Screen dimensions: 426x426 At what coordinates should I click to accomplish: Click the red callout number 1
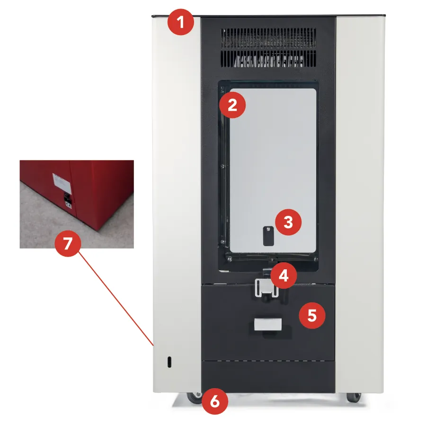click(x=181, y=22)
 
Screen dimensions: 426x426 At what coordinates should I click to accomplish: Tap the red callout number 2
click(x=232, y=105)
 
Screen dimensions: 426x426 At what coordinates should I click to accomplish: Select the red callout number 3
click(x=288, y=222)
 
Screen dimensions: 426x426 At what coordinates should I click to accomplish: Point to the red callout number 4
click(x=284, y=276)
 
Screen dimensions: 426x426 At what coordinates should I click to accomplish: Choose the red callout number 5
click(x=312, y=315)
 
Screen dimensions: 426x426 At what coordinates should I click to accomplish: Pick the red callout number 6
click(x=214, y=401)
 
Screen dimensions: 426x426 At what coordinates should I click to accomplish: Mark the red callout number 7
click(x=68, y=243)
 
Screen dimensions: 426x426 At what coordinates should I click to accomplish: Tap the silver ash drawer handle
click(x=268, y=324)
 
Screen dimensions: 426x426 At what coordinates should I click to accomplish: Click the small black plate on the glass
click(x=268, y=236)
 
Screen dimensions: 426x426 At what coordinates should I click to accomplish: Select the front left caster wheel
click(x=195, y=398)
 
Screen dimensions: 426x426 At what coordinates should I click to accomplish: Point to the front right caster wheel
click(x=354, y=398)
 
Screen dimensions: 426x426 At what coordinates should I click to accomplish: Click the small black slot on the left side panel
click(x=169, y=362)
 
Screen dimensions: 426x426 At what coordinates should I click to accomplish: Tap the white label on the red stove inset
click(x=62, y=183)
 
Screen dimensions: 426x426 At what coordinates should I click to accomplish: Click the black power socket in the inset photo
click(x=68, y=198)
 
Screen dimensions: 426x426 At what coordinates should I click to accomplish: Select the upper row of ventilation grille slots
click(x=268, y=38)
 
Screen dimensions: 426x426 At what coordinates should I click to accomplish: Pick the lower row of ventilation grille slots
click(x=268, y=59)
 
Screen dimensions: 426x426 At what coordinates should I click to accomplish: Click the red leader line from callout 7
click(x=116, y=299)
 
